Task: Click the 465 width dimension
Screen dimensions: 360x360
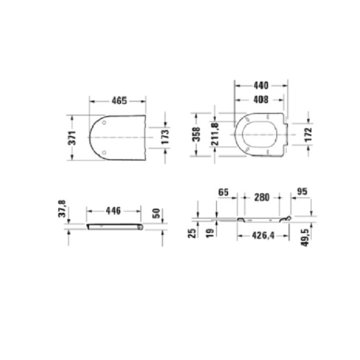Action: coord(118,100)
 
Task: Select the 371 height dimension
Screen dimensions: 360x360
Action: coord(72,137)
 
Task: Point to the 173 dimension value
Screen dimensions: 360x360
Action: coord(164,137)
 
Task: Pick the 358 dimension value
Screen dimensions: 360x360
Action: coord(196,134)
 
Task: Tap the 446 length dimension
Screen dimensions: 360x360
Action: coord(114,211)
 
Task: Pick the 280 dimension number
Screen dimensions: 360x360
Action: coord(260,197)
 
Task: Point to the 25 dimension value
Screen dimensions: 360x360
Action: coord(191,233)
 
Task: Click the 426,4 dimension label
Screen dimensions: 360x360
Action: coord(263,235)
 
